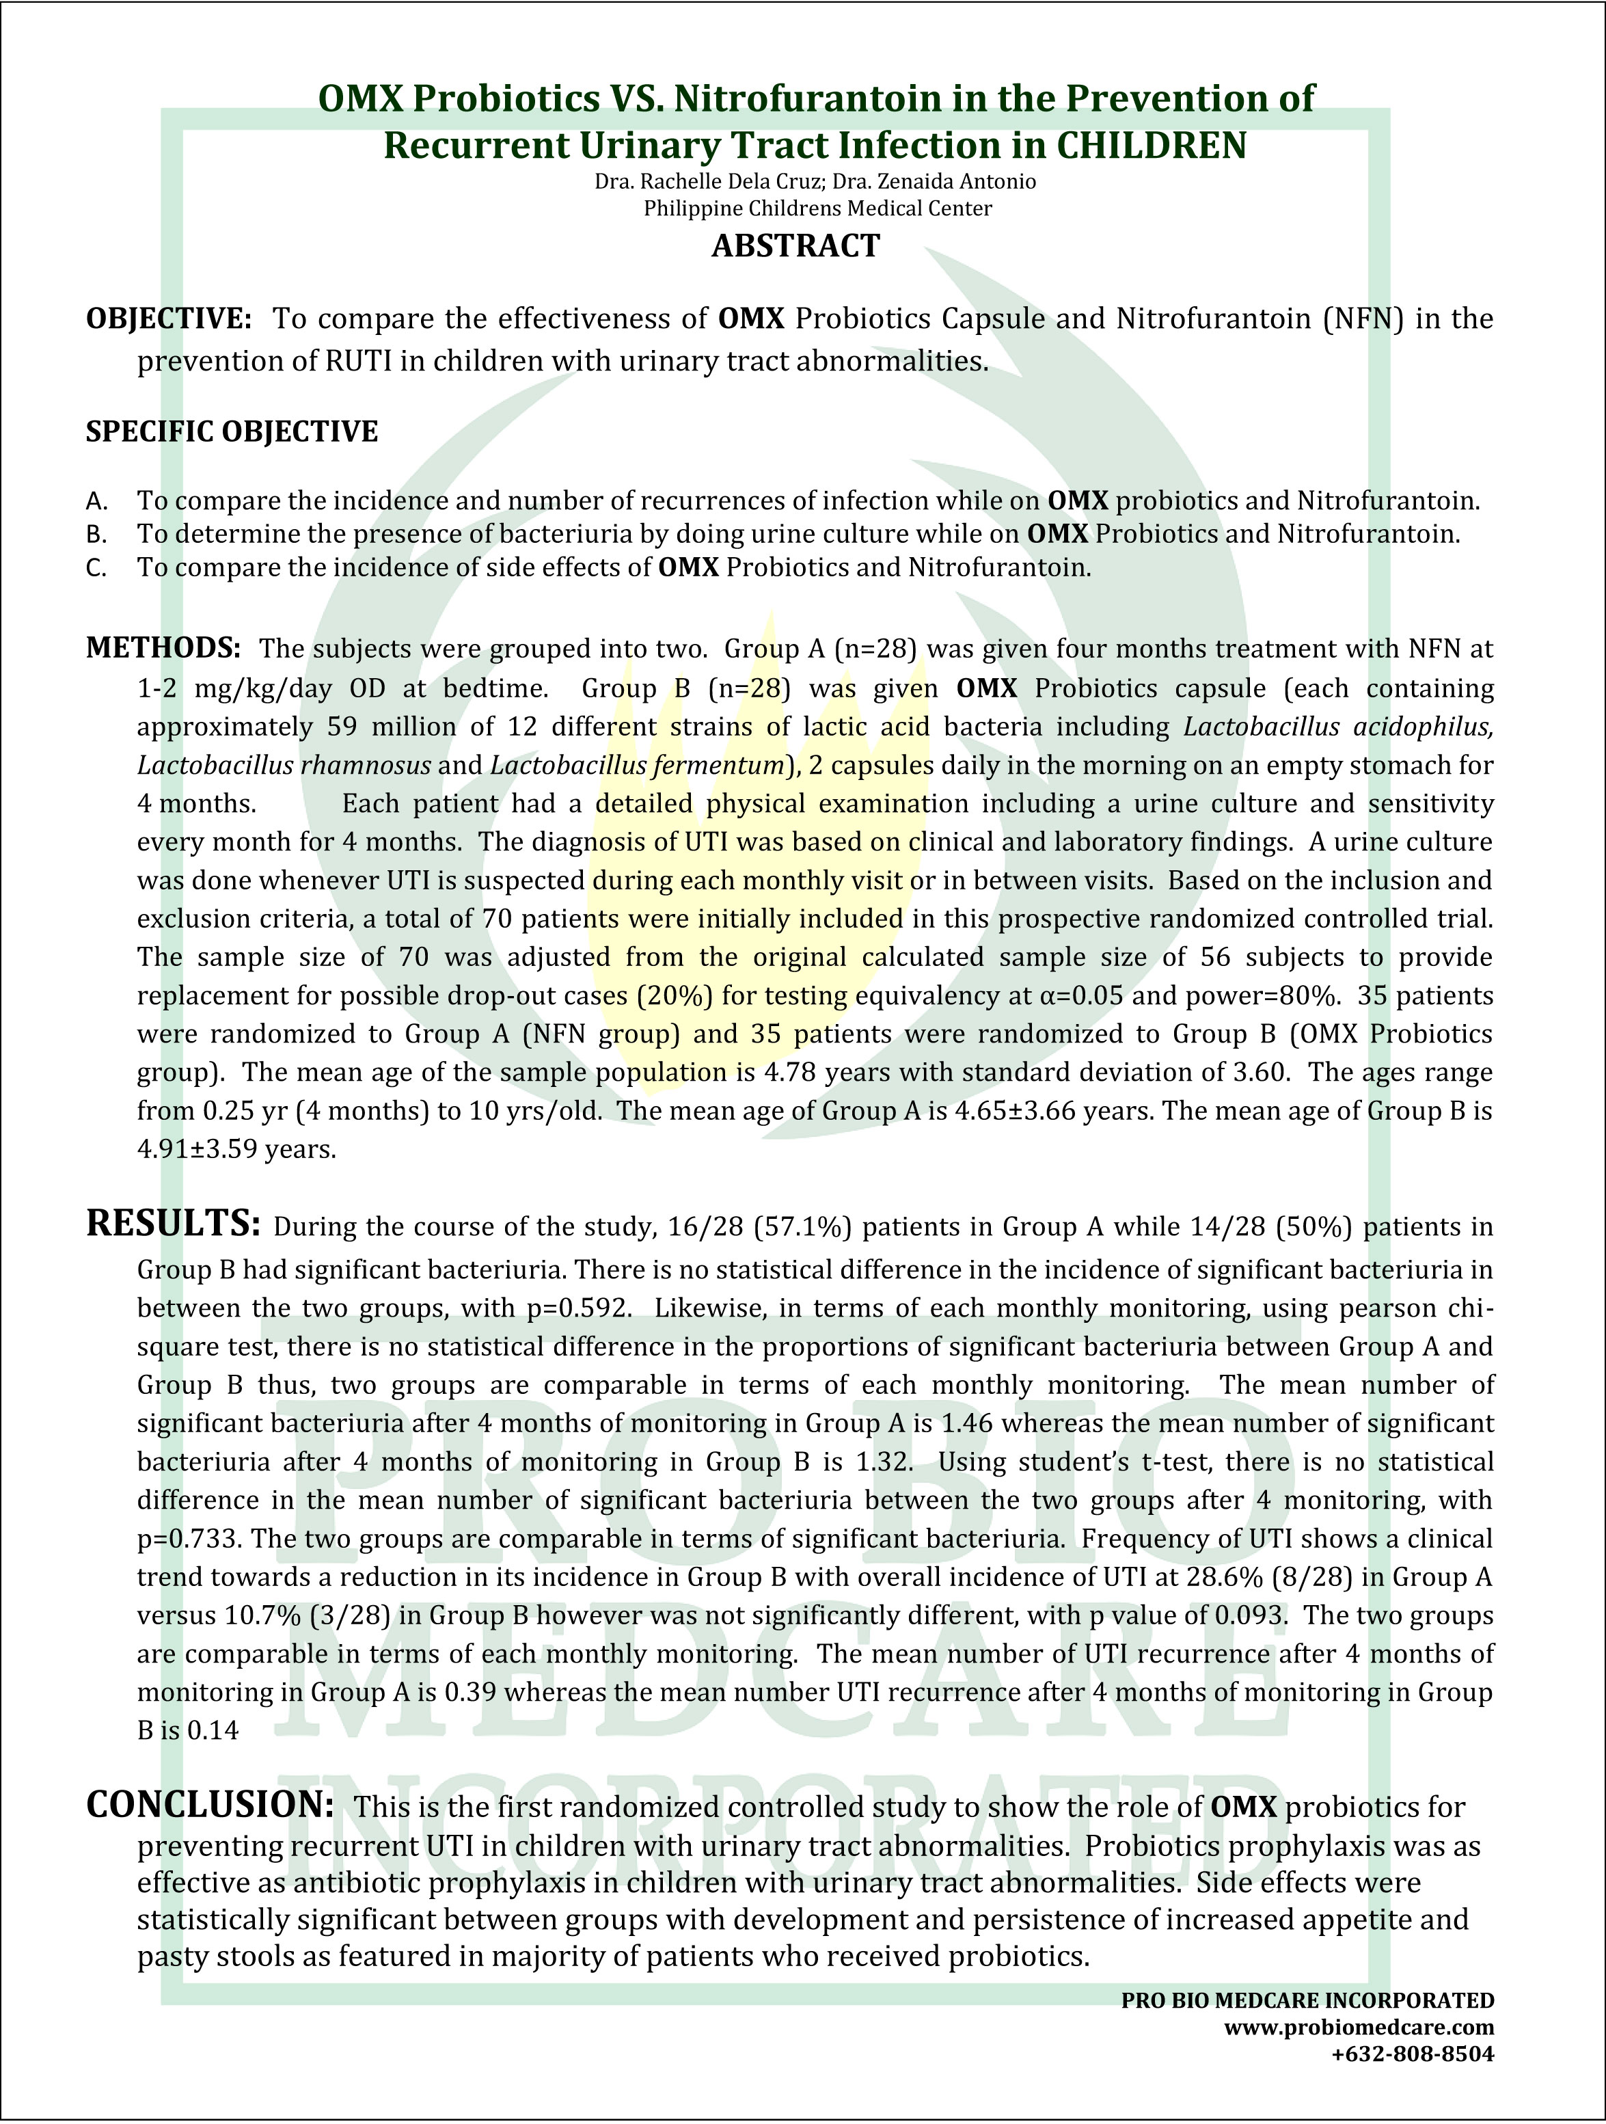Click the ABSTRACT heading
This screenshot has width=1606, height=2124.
[795, 247]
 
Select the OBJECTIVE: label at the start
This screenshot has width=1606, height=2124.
[169, 319]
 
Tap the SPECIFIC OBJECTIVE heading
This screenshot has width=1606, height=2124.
[232, 432]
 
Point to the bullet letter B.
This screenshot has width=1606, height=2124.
[95, 535]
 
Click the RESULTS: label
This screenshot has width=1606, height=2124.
[173, 1224]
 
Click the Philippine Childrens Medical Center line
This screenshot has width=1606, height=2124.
[817, 209]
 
